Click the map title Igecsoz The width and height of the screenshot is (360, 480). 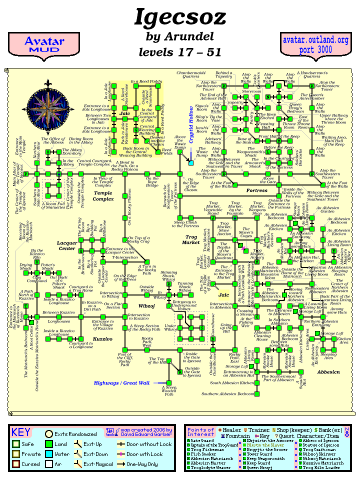(180, 18)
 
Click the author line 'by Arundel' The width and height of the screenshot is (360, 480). (180, 36)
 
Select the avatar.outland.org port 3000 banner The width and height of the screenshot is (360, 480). (314, 44)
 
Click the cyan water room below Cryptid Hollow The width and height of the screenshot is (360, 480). (190, 162)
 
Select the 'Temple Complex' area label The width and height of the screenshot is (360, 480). (103, 195)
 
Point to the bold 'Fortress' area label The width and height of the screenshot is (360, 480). (257, 190)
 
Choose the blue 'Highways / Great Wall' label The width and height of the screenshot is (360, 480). (121, 383)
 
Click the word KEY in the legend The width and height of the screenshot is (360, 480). (21, 432)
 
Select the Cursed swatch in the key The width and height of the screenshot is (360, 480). (16, 464)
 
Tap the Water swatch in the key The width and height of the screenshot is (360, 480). (49, 454)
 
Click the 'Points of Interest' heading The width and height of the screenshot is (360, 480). (201, 432)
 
